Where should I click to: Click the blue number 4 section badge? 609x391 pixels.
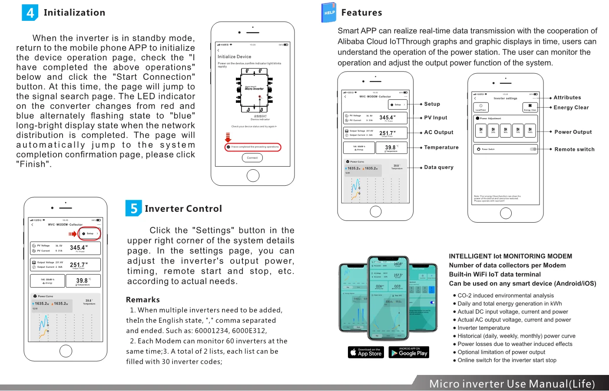(30, 13)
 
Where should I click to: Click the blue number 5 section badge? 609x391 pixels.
(134, 208)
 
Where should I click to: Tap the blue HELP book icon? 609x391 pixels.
(329, 13)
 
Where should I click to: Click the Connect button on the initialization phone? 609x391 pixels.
(252, 158)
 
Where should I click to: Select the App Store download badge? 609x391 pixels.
(366, 352)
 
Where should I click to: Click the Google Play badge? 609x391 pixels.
(409, 352)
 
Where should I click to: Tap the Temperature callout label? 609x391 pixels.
(441, 148)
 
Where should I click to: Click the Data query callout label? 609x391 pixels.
(439, 167)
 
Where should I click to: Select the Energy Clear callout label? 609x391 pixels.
(571, 108)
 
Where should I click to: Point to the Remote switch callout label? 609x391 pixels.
(574, 149)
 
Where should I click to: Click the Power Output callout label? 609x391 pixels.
(573, 132)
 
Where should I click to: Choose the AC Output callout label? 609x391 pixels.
(439, 132)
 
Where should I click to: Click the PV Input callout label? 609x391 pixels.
(436, 118)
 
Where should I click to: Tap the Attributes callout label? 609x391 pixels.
(567, 98)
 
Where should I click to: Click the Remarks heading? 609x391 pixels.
(143, 299)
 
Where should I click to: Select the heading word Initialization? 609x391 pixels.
(74, 13)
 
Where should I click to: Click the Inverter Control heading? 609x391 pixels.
(183, 209)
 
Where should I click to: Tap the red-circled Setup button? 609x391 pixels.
(90, 233)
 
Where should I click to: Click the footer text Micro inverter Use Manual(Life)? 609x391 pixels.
(512, 384)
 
